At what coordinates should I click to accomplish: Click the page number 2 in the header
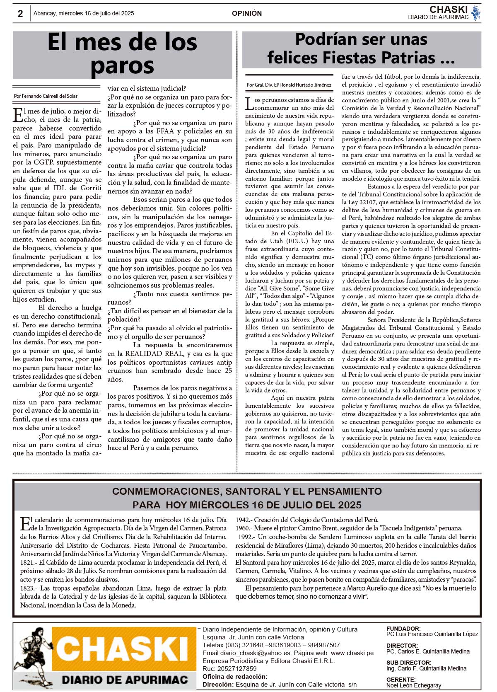click(20, 13)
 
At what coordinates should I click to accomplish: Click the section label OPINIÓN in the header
click(247, 13)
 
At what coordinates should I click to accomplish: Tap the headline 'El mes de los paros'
click(123, 54)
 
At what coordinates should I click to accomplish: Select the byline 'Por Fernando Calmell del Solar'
click(46, 96)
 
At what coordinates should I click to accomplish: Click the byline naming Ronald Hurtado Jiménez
click(289, 85)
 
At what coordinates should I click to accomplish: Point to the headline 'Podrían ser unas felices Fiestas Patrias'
click(361, 48)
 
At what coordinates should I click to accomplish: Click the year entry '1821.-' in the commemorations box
click(29, 562)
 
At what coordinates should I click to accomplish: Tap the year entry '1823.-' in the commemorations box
click(29, 588)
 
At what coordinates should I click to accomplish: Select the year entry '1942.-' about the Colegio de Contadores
click(243, 520)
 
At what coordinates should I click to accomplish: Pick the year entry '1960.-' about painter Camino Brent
click(243, 528)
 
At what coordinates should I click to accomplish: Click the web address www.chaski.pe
click(352, 653)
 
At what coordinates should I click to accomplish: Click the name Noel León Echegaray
click(413, 685)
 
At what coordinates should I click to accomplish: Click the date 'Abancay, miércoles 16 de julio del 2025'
click(84, 13)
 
